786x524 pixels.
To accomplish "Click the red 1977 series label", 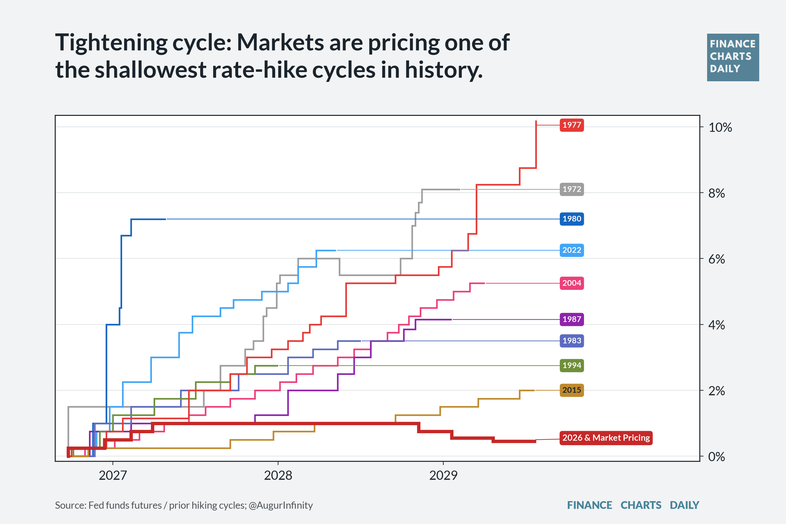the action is [x=572, y=125].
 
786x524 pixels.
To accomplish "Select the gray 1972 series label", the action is [x=572, y=189].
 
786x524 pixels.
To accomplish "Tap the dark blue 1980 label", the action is [x=572, y=219].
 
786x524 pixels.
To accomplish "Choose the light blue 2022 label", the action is [x=572, y=250].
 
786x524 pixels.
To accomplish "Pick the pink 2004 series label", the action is [x=572, y=283].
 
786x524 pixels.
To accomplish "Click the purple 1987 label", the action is [x=572, y=319].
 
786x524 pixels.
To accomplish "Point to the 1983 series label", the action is [x=572, y=341].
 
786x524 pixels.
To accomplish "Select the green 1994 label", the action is [x=572, y=365].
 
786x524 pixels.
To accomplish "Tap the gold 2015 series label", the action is [x=572, y=390].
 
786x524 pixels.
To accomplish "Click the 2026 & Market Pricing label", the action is [x=606, y=438].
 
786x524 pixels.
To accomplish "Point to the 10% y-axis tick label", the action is [x=720, y=127].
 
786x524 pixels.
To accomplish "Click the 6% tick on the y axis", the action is [x=717, y=259].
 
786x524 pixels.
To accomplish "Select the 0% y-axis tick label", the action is [x=717, y=456].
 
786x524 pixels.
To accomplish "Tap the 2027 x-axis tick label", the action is [x=113, y=475].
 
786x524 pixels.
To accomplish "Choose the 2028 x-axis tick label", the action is [x=278, y=475].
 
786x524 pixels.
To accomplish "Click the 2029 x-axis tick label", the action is [x=443, y=475].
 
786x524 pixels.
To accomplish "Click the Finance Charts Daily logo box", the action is [x=733, y=57].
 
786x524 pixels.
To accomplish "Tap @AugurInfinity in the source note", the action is [x=281, y=505].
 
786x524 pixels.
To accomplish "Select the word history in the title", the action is [x=444, y=70].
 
